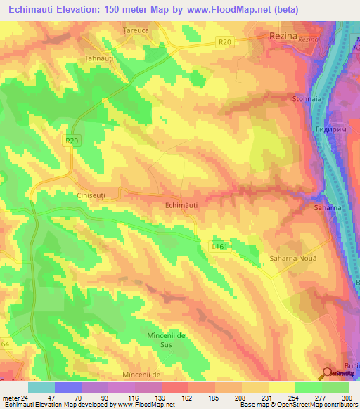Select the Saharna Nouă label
tap(288, 259)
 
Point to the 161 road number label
tap(219, 247)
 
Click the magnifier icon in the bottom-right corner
tap(328, 375)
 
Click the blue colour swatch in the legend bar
tap(68, 387)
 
